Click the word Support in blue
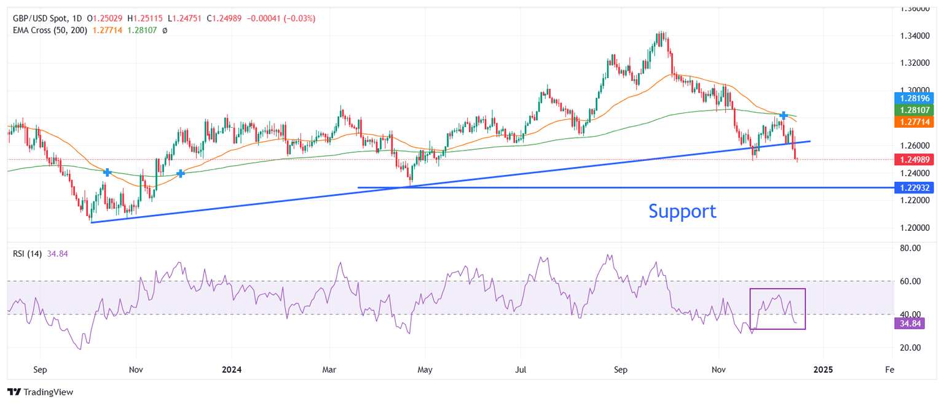(x=682, y=211)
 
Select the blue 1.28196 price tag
(x=915, y=98)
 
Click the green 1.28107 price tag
(x=915, y=110)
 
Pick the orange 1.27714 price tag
(x=915, y=122)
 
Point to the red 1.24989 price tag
(x=915, y=160)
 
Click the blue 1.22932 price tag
(x=915, y=187)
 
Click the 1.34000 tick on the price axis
(x=914, y=36)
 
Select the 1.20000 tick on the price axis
(x=914, y=228)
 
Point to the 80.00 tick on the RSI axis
(x=909, y=248)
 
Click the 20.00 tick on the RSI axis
(x=909, y=348)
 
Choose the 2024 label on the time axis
(x=232, y=370)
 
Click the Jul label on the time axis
(x=520, y=370)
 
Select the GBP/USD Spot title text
(x=40, y=18)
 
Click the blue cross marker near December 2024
(x=784, y=115)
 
